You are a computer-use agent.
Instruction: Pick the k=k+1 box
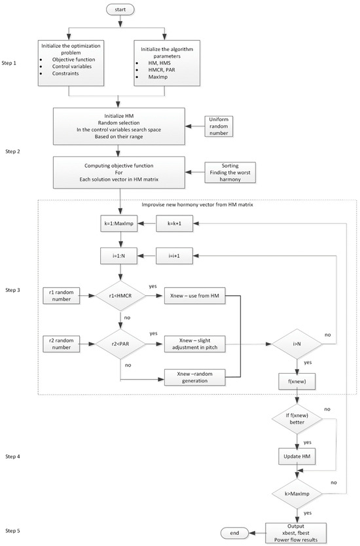pyautogui.click(x=176, y=224)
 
